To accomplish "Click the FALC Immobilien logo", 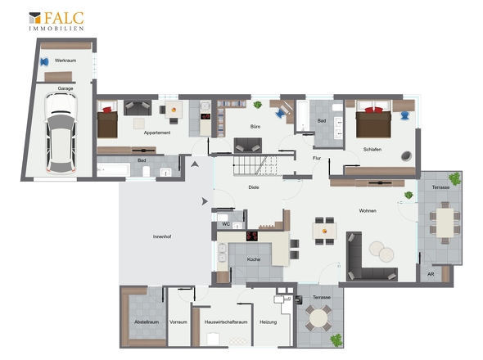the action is click(x=56, y=21).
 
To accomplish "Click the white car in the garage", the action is click(x=61, y=133).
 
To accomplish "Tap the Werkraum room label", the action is click(x=65, y=61).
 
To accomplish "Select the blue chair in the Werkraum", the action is click(x=45, y=62).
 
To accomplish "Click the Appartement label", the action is click(x=157, y=133).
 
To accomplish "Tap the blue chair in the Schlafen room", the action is click(x=404, y=115).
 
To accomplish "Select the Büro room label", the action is click(x=255, y=127).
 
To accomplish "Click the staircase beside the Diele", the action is click(x=255, y=165).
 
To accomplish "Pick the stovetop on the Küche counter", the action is click(x=252, y=236).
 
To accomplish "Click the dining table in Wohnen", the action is click(x=324, y=231).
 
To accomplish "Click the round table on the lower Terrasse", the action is click(x=318, y=318).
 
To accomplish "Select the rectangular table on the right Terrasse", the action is click(x=445, y=223).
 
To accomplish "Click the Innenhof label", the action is click(x=162, y=236).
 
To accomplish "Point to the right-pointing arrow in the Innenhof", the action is click(x=205, y=201).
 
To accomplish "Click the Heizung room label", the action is click(x=268, y=322).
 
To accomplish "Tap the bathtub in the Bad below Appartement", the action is click(x=113, y=170).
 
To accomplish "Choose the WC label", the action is click(x=226, y=224).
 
